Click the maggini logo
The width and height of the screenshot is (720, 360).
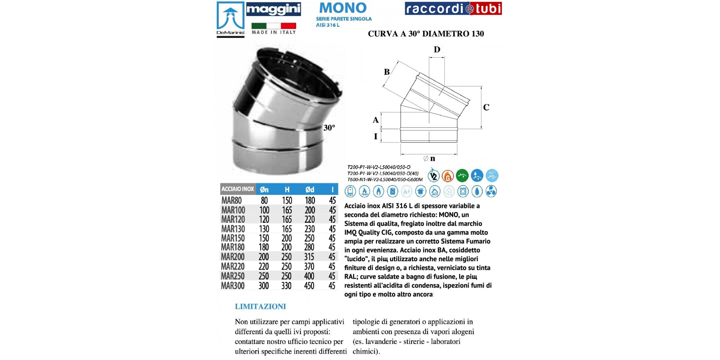(x=273, y=9)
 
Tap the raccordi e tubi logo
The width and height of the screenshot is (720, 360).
(x=453, y=8)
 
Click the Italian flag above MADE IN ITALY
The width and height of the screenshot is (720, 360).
(x=274, y=26)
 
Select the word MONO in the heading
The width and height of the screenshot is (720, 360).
(x=343, y=8)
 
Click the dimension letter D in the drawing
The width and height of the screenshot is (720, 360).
(x=437, y=50)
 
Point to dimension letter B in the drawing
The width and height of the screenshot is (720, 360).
(x=386, y=72)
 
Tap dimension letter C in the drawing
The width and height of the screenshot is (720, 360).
(x=486, y=107)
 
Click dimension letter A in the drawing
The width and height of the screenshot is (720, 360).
(x=376, y=120)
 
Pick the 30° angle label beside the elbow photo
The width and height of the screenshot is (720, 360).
(x=329, y=128)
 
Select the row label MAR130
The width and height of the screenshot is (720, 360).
(x=233, y=229)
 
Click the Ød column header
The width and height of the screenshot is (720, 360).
(x=310, y=190)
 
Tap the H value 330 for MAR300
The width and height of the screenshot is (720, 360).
(x=286, y=286)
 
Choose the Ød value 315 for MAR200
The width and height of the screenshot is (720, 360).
(x=309, y=257)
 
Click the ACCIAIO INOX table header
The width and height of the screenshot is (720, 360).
(x=238, y=189)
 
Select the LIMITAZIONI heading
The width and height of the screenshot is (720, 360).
(x=260, y=306)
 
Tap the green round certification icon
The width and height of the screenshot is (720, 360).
(x=462, y=175)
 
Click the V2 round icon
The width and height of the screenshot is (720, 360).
(x=433, y=176)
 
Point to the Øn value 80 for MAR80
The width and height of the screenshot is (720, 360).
(x=264, y=200)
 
